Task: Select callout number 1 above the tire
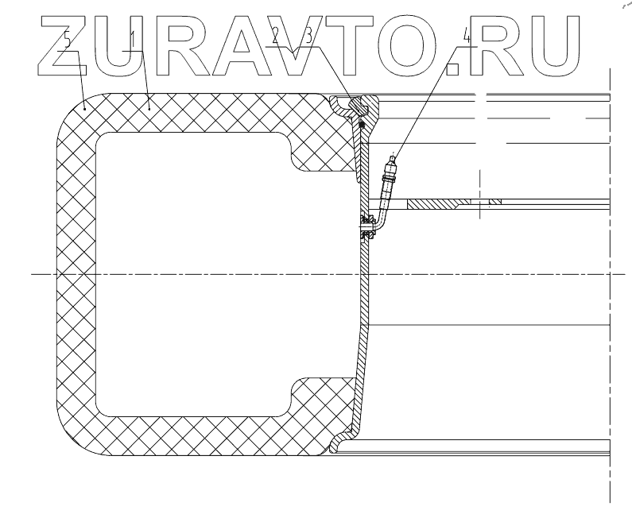(x=134, y=37)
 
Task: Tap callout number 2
(x=275, y=37)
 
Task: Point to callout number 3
(x=296, y=37)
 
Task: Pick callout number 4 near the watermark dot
(x=467, y=37)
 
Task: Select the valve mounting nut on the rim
(x=366, y=226)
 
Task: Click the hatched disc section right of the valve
(x=453, y=203)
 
